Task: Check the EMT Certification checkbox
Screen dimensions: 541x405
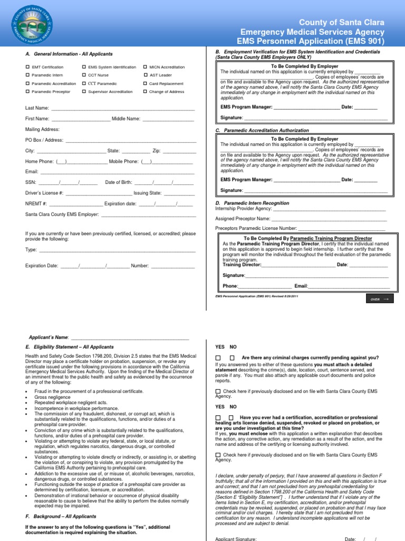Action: point(27,67)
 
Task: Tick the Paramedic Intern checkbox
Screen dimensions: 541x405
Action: point(27,76)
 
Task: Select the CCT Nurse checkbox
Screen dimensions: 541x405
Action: point(84,76)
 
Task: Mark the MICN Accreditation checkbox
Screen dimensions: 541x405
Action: point(145,67)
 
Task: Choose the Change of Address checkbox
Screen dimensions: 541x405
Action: point(145,92)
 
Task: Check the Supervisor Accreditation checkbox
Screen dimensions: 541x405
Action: point(84,92)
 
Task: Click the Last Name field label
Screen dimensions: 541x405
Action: point(37,108)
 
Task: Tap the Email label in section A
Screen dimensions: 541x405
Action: point(32,172)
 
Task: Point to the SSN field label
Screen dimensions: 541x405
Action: point(30,182)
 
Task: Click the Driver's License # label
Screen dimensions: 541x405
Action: point(44,193)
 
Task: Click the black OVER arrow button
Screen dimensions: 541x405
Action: point(379,299)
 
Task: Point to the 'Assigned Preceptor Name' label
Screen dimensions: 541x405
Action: point(243,219)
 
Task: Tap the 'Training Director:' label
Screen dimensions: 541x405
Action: point(242,265)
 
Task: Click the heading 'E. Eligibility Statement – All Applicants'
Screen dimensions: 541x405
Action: point(69,347)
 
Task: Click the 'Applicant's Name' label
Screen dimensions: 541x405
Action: point(48,337)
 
